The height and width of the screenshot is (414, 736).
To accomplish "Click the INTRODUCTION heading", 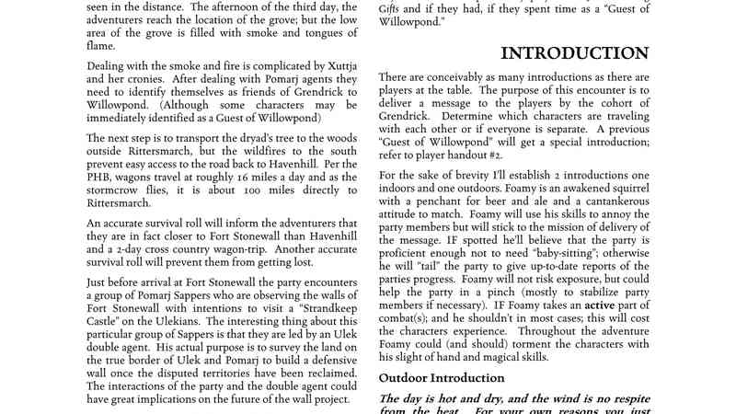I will point(574,53).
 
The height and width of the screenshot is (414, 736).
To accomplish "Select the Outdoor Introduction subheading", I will point(441,377).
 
